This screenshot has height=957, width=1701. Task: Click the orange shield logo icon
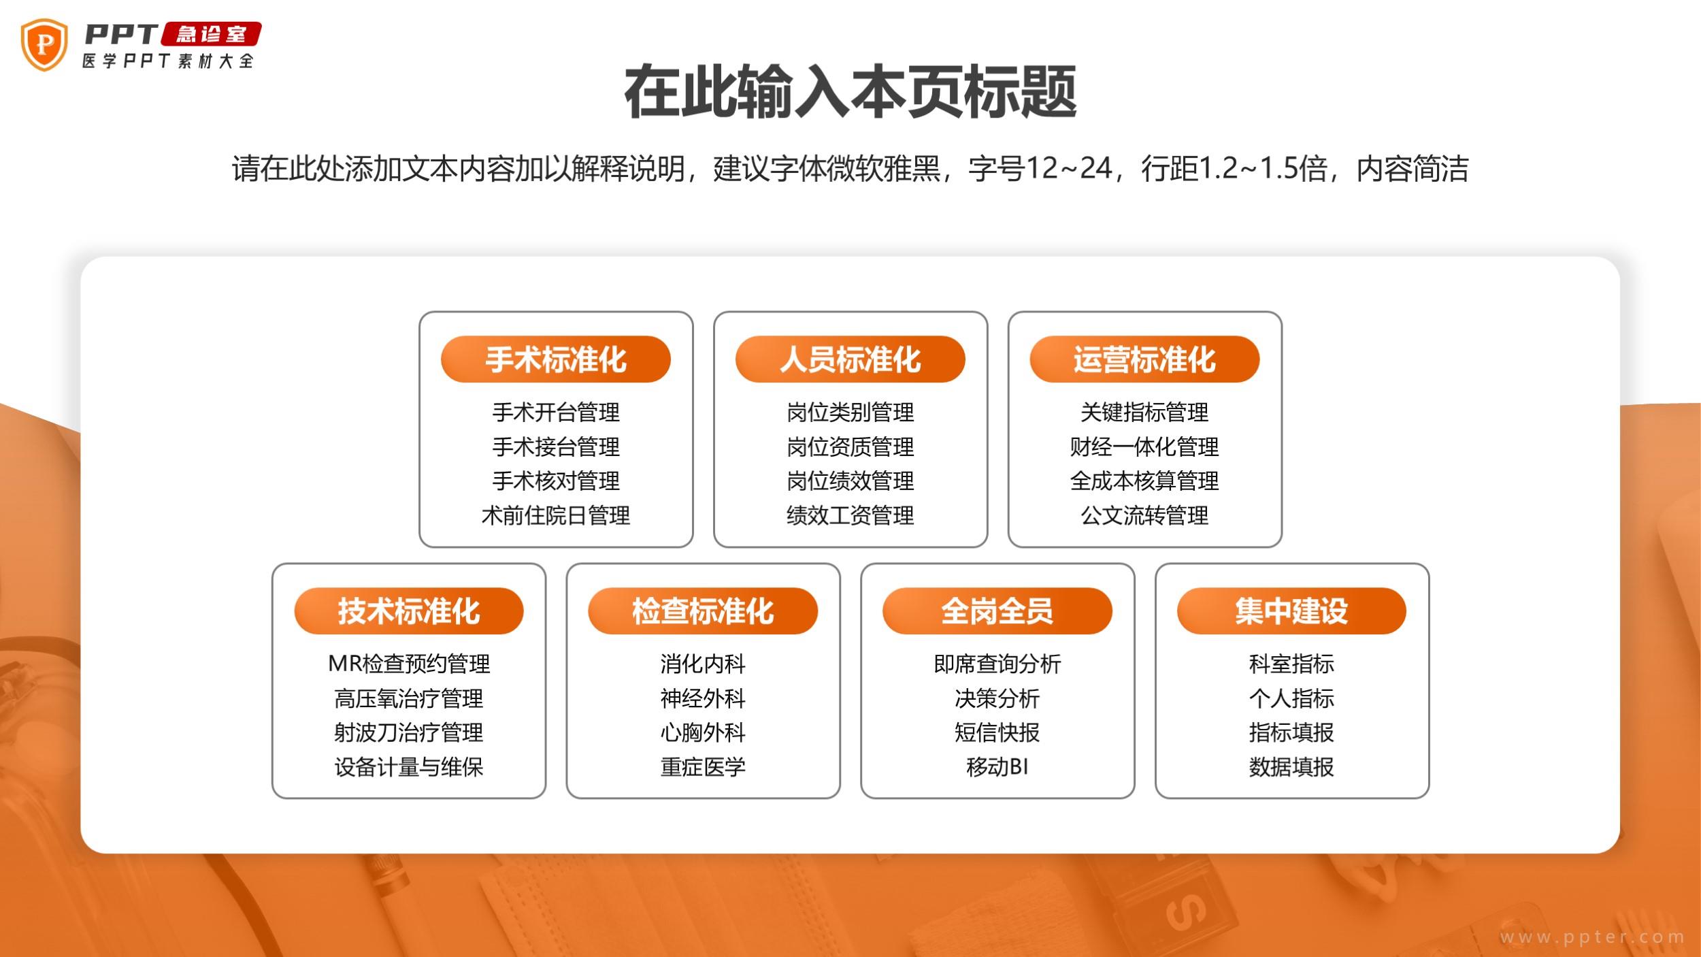pos(44,45)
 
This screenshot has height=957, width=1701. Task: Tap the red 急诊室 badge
pos(212,34)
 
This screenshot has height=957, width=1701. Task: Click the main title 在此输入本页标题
pos(850,92)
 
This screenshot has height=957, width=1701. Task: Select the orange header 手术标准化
pos(556,359)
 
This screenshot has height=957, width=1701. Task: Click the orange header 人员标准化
pos(850,359)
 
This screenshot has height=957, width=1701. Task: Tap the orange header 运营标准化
pos(1144,359)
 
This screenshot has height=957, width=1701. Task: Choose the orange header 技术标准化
pos(409,611)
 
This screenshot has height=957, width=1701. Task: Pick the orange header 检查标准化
pos(703,611)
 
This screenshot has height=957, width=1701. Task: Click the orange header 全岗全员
pos(997,611)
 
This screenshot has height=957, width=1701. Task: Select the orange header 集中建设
pos(1291,611)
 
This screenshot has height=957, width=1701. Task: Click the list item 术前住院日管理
pos(556,515)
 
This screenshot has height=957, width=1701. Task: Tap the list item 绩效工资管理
pos(850,515)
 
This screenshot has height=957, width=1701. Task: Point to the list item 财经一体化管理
pos(1144,447)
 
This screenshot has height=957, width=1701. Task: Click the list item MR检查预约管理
pos(409,664)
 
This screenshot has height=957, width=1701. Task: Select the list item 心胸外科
pos(703,732)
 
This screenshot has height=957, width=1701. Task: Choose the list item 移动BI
pos(997,767)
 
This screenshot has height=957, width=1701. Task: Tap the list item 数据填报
pos(1291,767)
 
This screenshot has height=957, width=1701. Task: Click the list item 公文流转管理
pos(1144,515)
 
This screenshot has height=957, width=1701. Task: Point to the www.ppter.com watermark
pos(1592,937)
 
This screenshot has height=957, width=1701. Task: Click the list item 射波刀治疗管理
pos(409,732)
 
